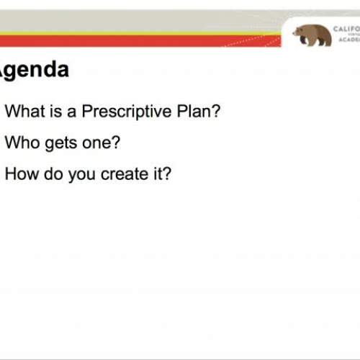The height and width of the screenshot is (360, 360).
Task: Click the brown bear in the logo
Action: pyautogui.click(x=311, y=35)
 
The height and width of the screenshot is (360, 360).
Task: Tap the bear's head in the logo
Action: pyautogui.click(x=299, y=33)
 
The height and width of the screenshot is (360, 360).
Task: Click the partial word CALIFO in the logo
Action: pyautogui.click(x=346, y=30)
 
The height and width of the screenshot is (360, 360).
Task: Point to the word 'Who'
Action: pyautogui.click(x=20, y=143)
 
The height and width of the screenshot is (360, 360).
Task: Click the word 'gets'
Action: pyautogui.click(x=58, y=143)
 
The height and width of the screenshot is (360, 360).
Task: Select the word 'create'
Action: pyautogui.click(x=126, y=174)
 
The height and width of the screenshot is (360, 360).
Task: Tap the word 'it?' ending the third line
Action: pyautogui.click(x=161, y=174)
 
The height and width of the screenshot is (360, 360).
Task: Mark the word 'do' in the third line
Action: pyautogui.click(x=53, y=174)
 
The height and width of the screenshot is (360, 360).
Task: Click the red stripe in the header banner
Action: pyautogui.click(x=144, y=42)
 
